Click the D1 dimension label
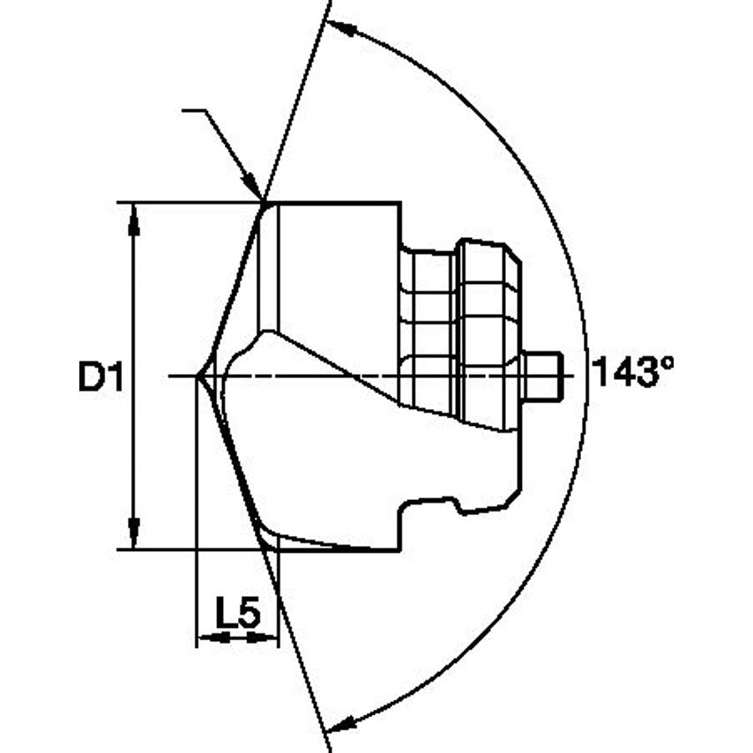coord(98,376)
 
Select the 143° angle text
coord(632,373)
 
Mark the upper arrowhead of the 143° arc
coord(344,31)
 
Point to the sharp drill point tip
coord(198,376)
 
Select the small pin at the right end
coord(541,376)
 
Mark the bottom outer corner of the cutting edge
coord(265,548)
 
